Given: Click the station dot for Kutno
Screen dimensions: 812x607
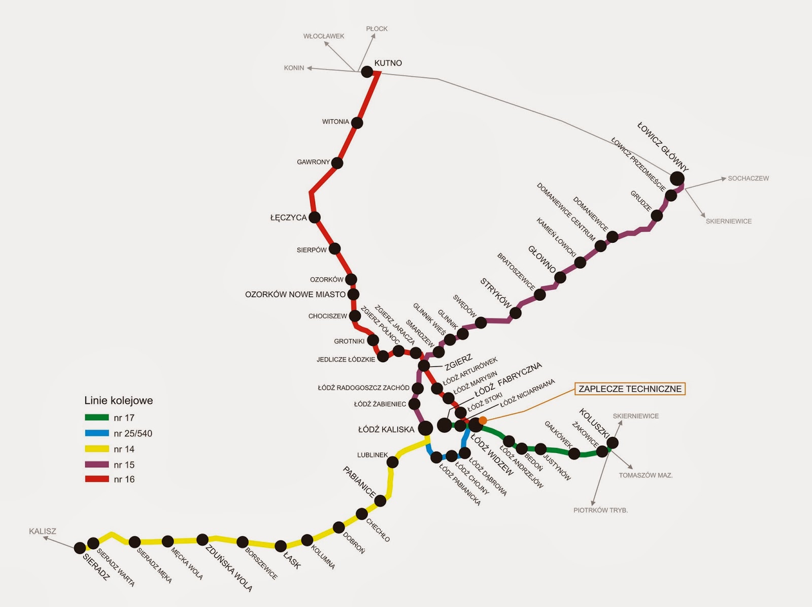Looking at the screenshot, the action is [367, 72].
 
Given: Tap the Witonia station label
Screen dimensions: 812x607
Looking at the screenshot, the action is [335, 122].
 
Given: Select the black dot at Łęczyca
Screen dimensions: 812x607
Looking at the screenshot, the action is [315, 217].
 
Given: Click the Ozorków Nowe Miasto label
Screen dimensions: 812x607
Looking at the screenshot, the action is [295, 295].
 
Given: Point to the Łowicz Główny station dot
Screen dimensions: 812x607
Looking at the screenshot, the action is [677, 178].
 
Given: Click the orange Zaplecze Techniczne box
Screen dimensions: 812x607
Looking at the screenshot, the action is [630, 389].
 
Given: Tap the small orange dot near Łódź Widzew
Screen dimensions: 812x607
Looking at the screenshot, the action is [483, 420].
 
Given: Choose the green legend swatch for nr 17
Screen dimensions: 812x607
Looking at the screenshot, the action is [96, 418].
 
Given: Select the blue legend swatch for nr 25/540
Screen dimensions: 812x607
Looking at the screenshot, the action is [96, 433].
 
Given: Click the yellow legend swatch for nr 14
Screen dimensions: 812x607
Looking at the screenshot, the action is [96, 449].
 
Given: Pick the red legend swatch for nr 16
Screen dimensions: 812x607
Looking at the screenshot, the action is [96, 479].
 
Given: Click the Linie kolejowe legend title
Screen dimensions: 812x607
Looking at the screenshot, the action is [118, 401].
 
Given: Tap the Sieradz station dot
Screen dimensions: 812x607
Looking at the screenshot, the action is [80, 548].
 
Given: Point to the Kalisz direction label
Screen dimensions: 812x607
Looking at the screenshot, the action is [43, 531].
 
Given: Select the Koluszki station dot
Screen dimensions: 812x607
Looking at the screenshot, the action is [613, 442].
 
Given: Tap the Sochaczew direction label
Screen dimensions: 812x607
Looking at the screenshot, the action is [748, 179].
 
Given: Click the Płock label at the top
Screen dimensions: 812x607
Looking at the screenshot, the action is [377, 29].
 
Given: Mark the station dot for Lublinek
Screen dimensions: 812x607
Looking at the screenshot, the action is [392, 462].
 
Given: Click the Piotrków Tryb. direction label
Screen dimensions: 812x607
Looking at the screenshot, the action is [600, 510].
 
